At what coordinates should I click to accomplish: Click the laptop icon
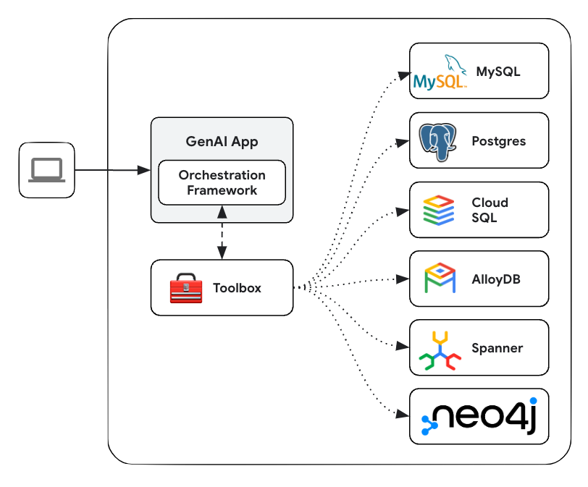47,170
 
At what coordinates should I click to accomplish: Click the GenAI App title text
222,141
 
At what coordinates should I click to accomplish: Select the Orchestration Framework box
222,182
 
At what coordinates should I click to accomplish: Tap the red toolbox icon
185,288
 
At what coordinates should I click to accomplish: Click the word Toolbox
237,288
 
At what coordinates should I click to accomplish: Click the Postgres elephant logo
438,141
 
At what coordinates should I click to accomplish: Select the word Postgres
498,141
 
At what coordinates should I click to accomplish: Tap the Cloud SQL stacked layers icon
439,210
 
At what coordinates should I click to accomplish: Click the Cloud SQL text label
490,210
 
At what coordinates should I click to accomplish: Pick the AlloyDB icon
440,279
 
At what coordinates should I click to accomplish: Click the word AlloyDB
496,279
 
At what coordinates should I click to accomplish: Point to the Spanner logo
440,350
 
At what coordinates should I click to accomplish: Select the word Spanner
497,348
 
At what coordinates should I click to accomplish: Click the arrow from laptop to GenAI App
112,170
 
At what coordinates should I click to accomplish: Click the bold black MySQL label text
498,72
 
